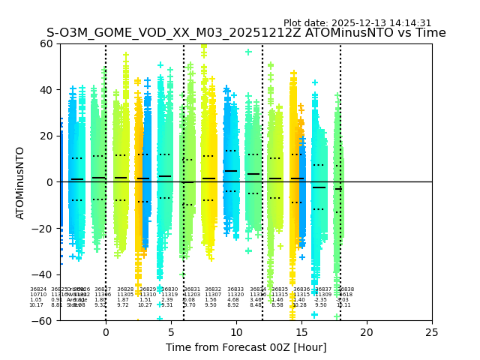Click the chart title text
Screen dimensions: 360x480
tap(246, 33)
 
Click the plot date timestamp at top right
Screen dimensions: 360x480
tap(357, 23)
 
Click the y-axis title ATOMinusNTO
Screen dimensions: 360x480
tap(21, 182)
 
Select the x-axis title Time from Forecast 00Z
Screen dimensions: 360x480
tap(246, 346)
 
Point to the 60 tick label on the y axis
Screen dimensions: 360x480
tap(46, 43)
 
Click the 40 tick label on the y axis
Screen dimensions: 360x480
tap(46, 90)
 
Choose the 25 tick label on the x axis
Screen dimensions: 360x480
tap(432, 332)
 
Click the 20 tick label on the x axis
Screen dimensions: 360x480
tap(367, 332)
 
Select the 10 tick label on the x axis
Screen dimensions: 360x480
tap(236, 332)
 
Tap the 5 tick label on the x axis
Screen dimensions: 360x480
tap(171, 332)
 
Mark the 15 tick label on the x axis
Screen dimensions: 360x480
tap(301, 332)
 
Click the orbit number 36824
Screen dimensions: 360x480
tap(37, 289)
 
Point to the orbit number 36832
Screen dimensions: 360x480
tap(213, 289)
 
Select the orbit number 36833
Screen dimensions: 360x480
tap(235, 289)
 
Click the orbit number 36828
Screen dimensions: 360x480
tap(125, 289)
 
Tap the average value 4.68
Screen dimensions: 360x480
tap(233, 300)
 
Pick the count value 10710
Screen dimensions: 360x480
tap(37, 295)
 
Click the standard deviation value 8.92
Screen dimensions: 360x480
tap(233, 305)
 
